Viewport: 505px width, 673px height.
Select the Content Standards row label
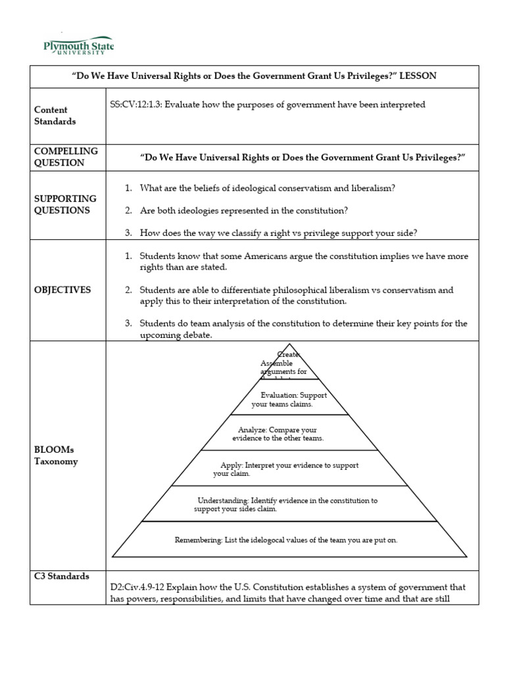click(x=55, y=116)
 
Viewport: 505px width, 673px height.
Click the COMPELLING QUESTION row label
click(x=66, y=156)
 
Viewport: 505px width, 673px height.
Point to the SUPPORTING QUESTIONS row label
click(x=65, y=204)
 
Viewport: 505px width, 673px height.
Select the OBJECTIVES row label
click(x=62, y=290)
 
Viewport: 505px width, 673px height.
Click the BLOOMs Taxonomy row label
click(x=56, y=455)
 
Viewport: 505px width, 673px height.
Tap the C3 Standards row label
click(x=62, y=576)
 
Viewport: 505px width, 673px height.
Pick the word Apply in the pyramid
click(x=231, y=465)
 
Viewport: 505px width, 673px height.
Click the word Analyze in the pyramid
click(x=252, y=430)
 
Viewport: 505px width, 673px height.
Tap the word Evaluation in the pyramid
click(x=279, y=395)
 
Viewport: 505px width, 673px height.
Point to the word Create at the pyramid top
click(x=289, y=355)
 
